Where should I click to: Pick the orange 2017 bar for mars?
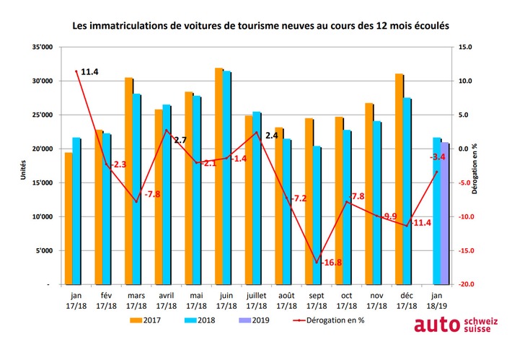coord(128,181)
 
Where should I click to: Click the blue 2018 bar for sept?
coord(317,216)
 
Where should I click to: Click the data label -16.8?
coord(332,263)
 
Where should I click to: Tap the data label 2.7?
coord(180,140)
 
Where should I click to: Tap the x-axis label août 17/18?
coord(286,300)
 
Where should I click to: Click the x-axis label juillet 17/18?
coord(257,300)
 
